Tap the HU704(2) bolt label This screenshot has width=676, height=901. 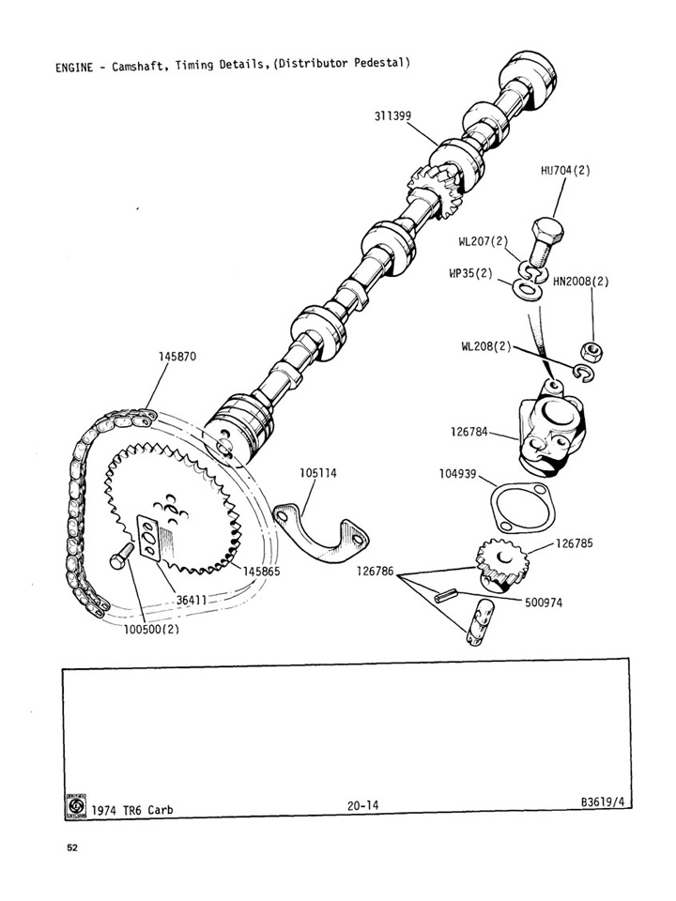click(x=565, y=171)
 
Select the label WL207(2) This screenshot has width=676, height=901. click(x=483, y=241)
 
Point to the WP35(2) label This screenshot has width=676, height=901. click(x=470, y=273)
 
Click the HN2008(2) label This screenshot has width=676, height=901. click(x=581, y=281)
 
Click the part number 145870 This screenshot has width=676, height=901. click(x=177, y=358)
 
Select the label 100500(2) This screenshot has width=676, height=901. click(x=151, y=630)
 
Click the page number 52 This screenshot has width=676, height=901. click(x=72, y=847)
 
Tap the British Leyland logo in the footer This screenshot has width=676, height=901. click(x=77, y=804)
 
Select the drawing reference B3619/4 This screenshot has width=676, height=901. click(x=605, y=803)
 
